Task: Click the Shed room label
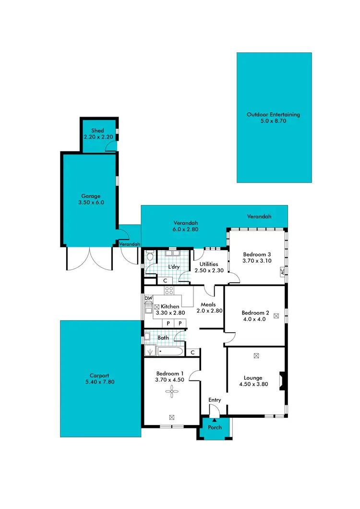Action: (x=97, y=131)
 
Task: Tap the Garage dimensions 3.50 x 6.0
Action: (x=91, y=203)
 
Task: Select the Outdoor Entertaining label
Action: (x=273, y=115)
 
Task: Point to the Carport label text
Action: (x=100, y=376)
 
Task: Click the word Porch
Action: (x=215, y=427)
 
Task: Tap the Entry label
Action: (x=215, y=400)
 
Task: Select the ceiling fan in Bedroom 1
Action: (x=171, y=393)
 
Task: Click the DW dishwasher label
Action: (x=148, y=299)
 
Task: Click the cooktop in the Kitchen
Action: (x=168, y=290)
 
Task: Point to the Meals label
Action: (x=208, y=304)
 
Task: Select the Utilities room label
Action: (x=206, y=264)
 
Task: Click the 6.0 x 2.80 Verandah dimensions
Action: (x=185, y=230)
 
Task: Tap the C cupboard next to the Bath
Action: (x=192, y=352)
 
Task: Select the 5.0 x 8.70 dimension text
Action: (x=273, y=121)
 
